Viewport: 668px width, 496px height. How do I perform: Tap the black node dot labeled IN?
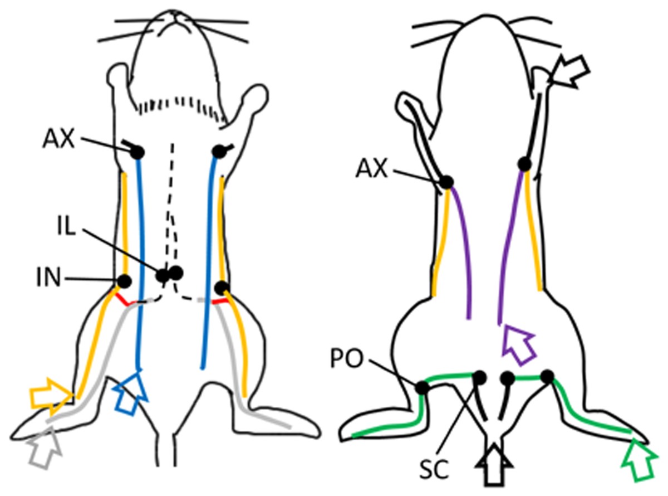click(124, 281)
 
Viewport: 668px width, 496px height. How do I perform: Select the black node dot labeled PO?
click(422, 387)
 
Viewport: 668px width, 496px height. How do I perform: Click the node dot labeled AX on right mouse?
click(446, 182)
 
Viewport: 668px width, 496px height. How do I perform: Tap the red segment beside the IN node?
click(125, 300)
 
